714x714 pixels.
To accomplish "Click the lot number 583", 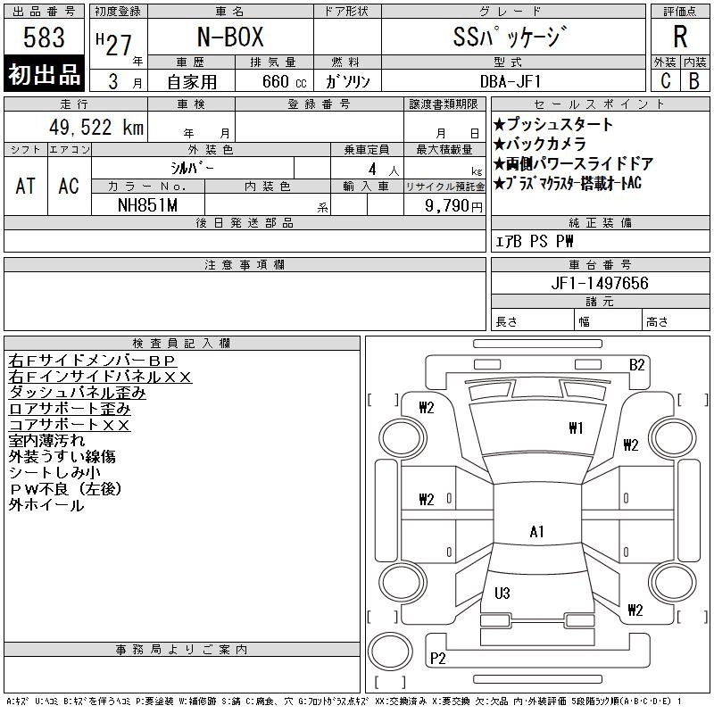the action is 45,38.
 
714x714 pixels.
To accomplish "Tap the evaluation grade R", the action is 680,38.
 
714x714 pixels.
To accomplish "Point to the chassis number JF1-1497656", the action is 601,283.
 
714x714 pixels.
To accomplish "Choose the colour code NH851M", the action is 148,205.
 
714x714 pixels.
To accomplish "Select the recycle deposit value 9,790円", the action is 455,206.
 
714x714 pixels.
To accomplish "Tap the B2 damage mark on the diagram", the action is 636,364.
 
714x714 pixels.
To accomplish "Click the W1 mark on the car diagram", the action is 576,428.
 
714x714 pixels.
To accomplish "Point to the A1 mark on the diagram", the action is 537,532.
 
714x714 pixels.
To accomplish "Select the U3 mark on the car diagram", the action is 502,593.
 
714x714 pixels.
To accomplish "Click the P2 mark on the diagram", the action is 437,659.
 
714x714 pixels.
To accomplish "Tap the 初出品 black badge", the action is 45,75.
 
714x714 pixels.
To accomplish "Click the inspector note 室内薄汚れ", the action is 46,441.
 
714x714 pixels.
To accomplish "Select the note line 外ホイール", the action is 46,505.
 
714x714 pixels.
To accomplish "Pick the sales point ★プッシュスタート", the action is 553,125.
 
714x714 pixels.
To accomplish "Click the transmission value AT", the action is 26,186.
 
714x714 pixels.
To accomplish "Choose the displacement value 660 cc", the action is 273,81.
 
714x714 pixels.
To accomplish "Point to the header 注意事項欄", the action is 245,265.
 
